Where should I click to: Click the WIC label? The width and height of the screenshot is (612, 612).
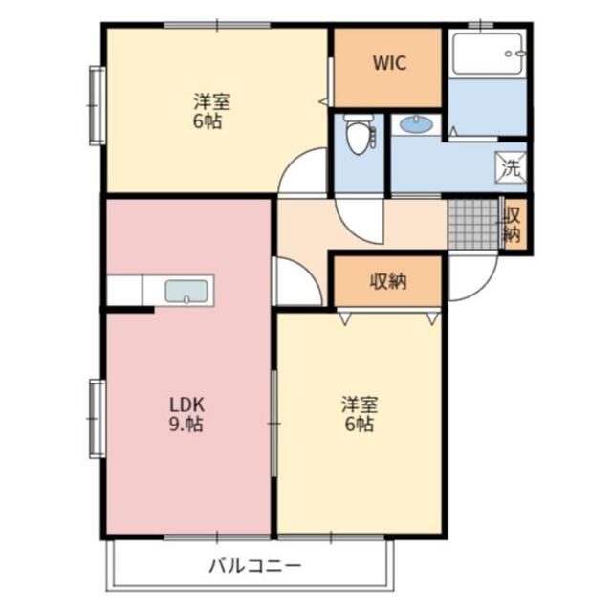point(389,64)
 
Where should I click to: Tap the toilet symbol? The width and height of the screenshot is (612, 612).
point(359,136)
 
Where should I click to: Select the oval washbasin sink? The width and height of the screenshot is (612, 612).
point(416,124)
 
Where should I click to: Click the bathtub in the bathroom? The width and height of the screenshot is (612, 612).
point(488,55)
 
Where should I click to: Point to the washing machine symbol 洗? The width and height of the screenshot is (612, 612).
point(512,168)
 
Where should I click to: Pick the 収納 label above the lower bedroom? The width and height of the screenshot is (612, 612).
point(387,281)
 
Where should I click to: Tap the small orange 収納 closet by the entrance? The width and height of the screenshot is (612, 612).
point(513,225)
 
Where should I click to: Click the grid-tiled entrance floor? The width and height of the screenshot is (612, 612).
point(472,224)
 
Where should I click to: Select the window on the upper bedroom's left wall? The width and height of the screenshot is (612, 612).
point(97,104)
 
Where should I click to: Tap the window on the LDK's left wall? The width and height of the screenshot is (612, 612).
point(97,418)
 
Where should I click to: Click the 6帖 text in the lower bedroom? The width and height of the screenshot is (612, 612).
point(358,426)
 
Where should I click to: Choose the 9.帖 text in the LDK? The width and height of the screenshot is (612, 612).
point(186,425)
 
